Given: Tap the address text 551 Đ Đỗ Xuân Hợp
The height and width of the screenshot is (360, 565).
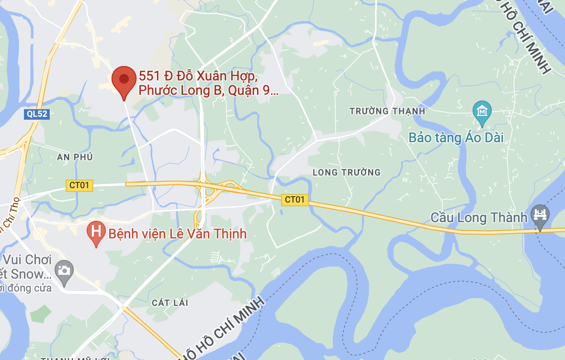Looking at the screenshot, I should tap(199, 77).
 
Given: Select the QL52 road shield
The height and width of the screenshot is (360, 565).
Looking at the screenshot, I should tap(37, 114).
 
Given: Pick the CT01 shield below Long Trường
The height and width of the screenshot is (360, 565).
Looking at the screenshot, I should tap(294, 200).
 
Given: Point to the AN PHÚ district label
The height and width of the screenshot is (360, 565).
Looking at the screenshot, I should tap(74, 157).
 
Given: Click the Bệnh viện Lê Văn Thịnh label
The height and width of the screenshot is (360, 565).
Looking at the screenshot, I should tap(177, 234).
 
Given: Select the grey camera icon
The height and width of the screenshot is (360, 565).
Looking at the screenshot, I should tap(64, 270).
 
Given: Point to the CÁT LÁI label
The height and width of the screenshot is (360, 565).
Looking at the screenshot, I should tap(170, 303).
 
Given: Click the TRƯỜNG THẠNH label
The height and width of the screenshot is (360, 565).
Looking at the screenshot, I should tap(387, 112).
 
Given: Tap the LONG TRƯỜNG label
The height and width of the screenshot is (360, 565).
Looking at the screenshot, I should tap(346, 172).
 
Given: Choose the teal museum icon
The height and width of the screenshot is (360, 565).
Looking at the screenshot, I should tap(482, 112).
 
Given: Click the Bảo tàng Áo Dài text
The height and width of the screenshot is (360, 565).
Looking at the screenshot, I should tap(456, 138).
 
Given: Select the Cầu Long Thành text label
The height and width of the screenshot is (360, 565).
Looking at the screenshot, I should tap(479, 218).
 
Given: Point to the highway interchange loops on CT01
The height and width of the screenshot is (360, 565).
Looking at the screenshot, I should tap(213, 191).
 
